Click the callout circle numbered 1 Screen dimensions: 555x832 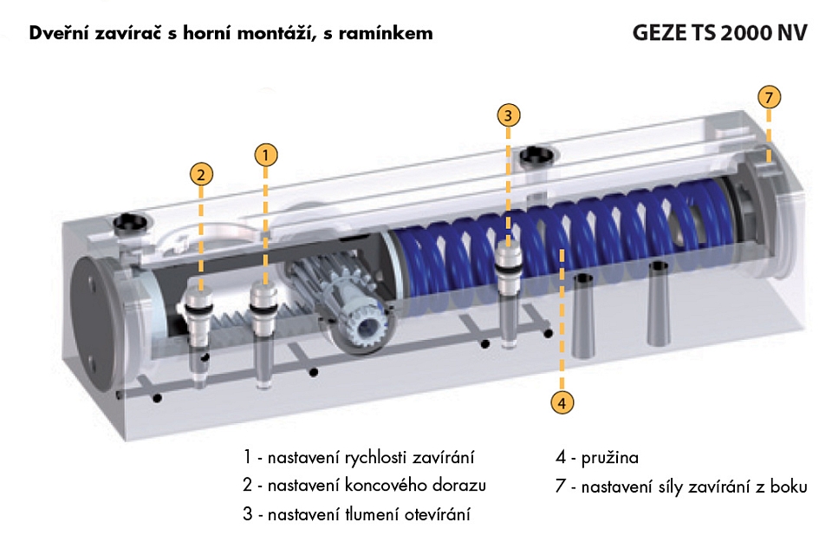point(266,154)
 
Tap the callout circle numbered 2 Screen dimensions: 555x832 point(202,173)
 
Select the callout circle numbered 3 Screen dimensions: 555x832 point(509,114)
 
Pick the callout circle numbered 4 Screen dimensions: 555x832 point(562,401)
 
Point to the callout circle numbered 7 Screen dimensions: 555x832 point(769,95)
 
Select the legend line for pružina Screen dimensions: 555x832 point(597,457)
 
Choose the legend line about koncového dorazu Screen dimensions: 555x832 point(364,486)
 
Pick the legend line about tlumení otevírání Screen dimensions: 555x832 point(357,515)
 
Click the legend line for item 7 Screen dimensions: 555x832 point(681,486)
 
